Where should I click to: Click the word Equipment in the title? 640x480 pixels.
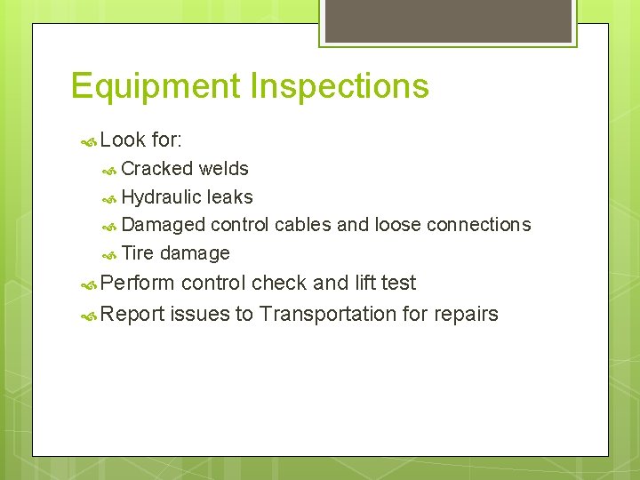pyautogui.click(x=156, y=87)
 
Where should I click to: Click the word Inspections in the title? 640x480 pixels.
pyautogui.click(x=340, y=87)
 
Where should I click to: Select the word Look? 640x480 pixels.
pyautogui.click(x=124, y=140)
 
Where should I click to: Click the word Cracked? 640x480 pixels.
pyautogui.click(x=157, y=169)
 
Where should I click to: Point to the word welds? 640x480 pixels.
pyautogui.click(x=224, y=169)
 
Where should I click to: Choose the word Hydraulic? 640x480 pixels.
pyautogui.click(x=162, y=197)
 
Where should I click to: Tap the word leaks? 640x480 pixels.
pyautogui.click(x=230, y=197)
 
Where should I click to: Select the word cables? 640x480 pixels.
pyautogui.click(x=303, y=225)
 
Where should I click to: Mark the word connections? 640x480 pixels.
pyautogui.click(x=478, y=225)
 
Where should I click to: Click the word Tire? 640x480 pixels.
pyautogui.click(x=138, y=253)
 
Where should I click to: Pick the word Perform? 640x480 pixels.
pyautogui.click(x=138, y=284)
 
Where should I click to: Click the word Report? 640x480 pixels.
pyautogui.click(x=132, y=314)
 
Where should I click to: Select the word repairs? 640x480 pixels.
pyautogui.click(x=468, y=314)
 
